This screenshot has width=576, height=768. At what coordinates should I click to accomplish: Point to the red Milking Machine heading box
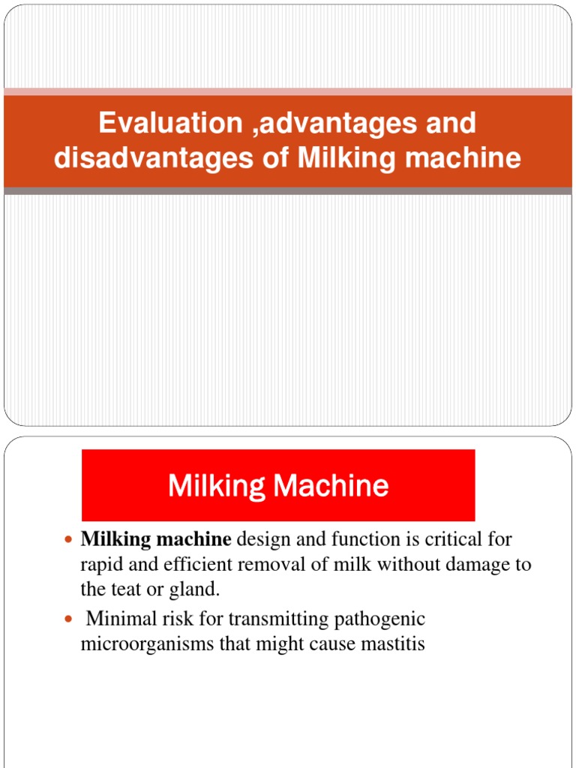pyautogui.click(x=278, y=485)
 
